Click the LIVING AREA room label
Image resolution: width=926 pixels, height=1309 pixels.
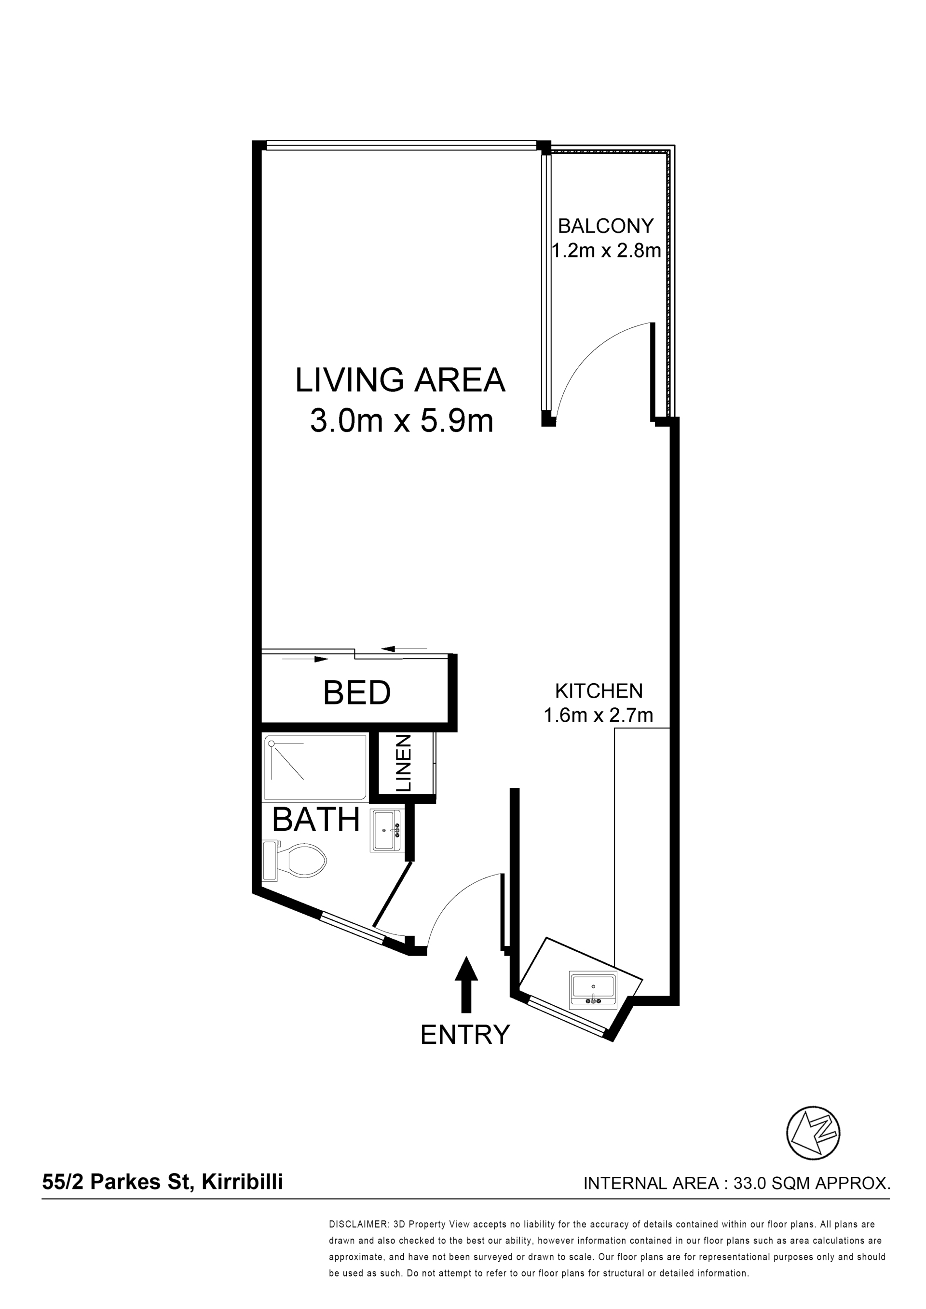(x=400, y=380)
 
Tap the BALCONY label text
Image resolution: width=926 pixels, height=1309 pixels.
(x=606, y=226)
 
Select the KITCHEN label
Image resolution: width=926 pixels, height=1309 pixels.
(x=599, y=690)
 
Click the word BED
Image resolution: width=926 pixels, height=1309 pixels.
(x=357, y=693)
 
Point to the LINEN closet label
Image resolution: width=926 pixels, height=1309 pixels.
(x=403, y=763)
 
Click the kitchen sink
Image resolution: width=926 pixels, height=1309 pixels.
(x=593, y=990)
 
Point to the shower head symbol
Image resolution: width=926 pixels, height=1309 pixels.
(x=272, y=743)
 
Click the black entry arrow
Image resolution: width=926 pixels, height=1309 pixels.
(x=466, y=985)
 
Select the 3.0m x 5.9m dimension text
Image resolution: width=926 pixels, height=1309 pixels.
(x=401, y=421)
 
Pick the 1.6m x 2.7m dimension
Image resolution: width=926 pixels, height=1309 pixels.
(x=599, y=715)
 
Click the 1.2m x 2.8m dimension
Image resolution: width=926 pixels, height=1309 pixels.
(x=606, y=250)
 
